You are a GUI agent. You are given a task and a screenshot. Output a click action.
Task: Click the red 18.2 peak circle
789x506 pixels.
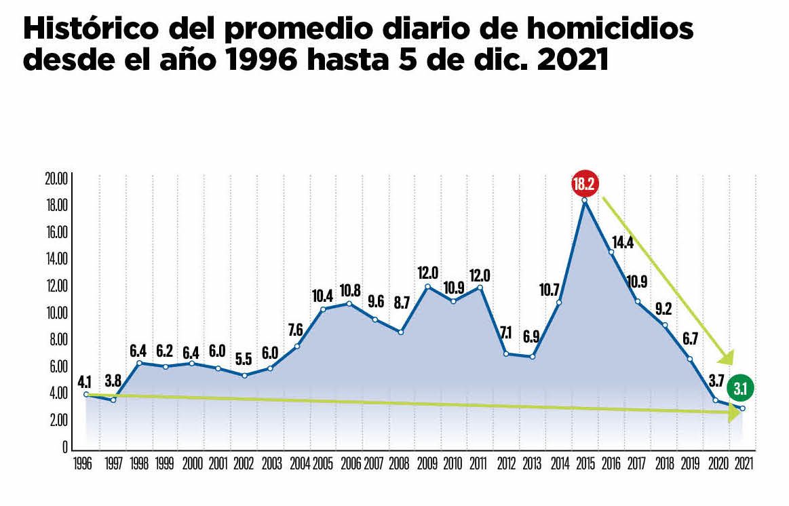point(585,184)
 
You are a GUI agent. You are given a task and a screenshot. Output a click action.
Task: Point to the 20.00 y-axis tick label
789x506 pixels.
point(56,179)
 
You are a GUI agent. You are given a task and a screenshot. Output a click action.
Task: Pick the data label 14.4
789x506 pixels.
point(622,241)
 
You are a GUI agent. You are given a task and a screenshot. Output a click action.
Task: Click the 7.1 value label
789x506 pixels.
point(507,332)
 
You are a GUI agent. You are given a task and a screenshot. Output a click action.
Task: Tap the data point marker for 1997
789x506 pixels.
point(113,400)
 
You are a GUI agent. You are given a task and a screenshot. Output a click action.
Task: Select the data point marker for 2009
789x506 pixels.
point(427,286)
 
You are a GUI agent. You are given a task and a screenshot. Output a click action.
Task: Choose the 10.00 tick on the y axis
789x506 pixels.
point(56,313)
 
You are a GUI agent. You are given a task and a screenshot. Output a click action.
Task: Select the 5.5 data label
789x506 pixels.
point(244,359)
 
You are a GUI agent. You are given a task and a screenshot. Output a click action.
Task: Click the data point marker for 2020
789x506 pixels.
point(716,400)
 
